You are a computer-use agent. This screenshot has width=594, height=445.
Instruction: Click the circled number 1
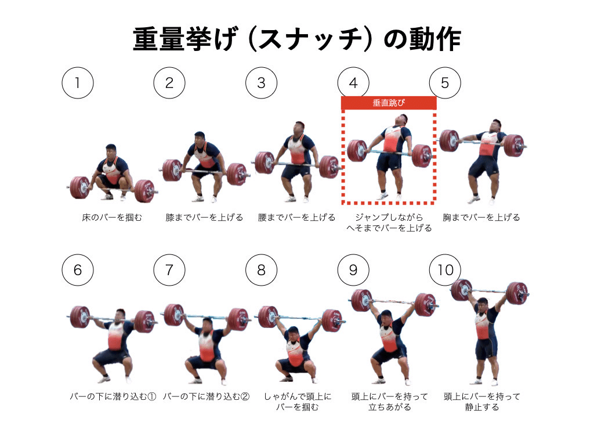coord(77,83)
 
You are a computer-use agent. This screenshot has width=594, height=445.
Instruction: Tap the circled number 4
coord(353,83)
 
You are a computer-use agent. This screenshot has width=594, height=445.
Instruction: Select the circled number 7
coord(169,270)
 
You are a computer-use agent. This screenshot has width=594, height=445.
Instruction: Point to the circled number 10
coord(445,270)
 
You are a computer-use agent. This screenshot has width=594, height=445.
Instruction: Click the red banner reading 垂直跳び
coord(388,103)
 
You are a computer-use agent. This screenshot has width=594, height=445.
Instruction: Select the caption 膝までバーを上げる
coord(204,218)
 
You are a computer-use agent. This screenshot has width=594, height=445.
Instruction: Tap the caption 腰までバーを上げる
coord(296,218)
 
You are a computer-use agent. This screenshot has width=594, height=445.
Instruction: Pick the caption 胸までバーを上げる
coord(481,218)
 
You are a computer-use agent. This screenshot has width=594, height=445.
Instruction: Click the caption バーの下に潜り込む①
coord(113,397)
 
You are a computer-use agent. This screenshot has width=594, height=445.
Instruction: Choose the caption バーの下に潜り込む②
coord(206,397)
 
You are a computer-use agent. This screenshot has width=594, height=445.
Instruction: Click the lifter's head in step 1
coord(113,152)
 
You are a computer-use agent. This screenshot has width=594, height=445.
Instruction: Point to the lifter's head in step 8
coord(294,333)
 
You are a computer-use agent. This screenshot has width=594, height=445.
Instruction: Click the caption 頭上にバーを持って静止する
coord(481,402)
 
